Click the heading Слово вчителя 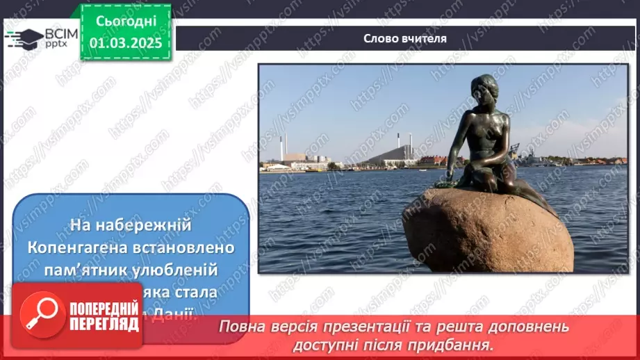pyautogui.click(x=405, y=39)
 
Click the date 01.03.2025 pyautogui.click(x=126, y=43)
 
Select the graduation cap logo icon pyautogui.click(x=23, y=38)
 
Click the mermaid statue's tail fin pyautogui.click(x=549, y=207)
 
